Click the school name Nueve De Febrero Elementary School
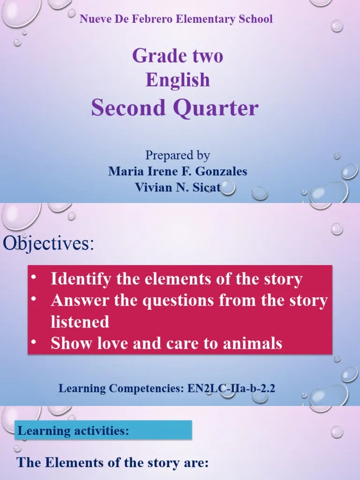[x=176, y=19]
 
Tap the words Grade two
[x=178, y=56]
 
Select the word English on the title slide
[x=178, y=80]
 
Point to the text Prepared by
[x=178, y=155]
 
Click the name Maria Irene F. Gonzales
[x=178, y=171]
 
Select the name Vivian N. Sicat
[x=178, y=187]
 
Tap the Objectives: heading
[x=49, y=244]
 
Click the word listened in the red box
[x=80, y=322]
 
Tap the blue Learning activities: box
[x=104, y=430]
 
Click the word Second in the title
[x=128, y=108]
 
